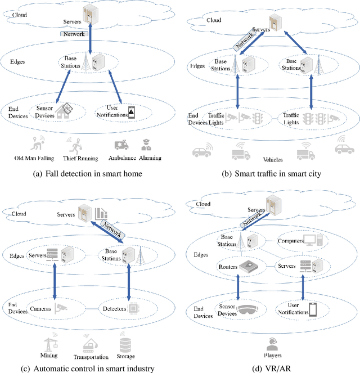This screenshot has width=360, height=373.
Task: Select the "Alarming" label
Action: tap(150, 158)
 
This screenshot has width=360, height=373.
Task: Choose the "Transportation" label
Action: tap(91, 356)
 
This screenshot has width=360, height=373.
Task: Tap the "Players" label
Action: tap(273, 356)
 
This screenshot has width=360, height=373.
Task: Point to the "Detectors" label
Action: tap(114, 308)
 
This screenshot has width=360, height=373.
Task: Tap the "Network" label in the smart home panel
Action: tap(73, 34)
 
